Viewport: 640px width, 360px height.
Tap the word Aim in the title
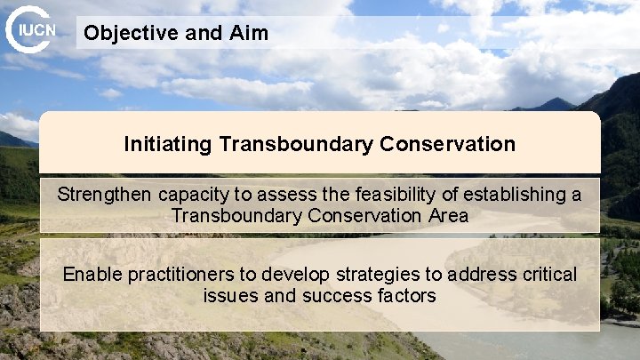click(x=248, y=34)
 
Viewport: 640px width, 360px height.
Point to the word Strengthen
click(x=105, y=195)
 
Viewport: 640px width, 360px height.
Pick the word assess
click(x=282, y=195)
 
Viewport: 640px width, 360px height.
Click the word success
click(x=329, y=296)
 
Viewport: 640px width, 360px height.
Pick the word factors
click(x=405, y=296)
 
